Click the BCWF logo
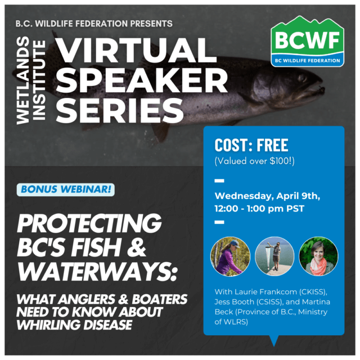coord(307,41)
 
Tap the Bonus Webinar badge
coord(66,190)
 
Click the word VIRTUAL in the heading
coord(136,50)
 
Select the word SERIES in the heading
coord(120,111)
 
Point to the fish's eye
coord(303,78)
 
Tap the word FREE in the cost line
coord(272,145)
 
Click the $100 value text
coord(281,161)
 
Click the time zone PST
coord(295,209)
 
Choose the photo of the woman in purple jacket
coord(230,256)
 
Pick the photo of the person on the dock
coord(274,256)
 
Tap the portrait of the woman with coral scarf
coord(318,256)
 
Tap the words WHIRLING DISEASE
coord(74,325)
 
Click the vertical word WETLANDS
coord(23,80)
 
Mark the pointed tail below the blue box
coord(274,340)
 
